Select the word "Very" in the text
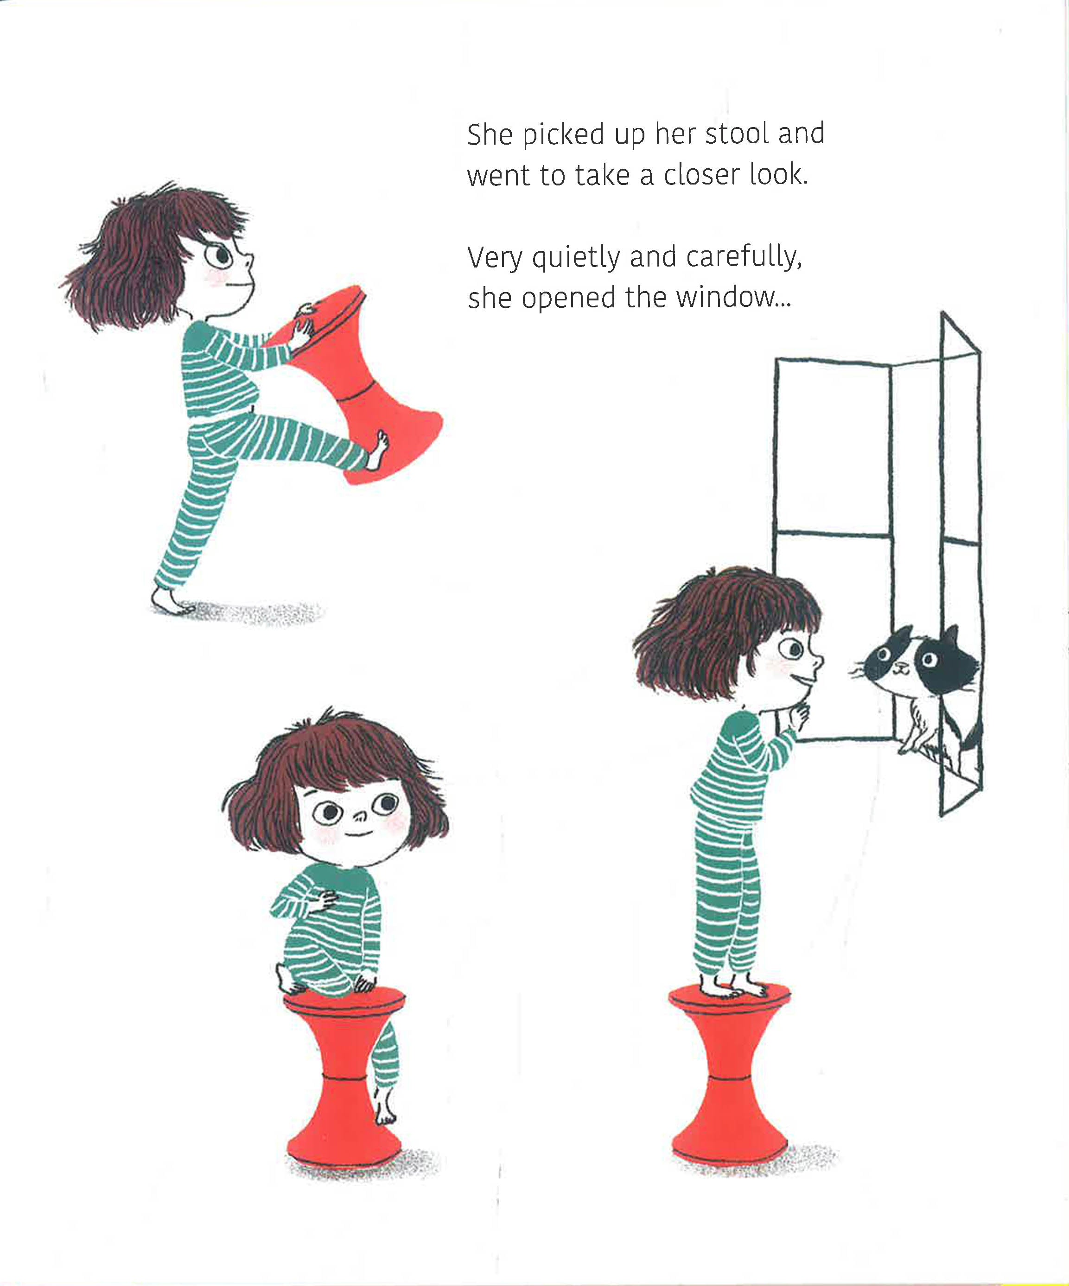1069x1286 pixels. tap(494, 258)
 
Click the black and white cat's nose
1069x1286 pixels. tap(897, 666)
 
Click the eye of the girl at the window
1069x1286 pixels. tap(794, 648)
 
